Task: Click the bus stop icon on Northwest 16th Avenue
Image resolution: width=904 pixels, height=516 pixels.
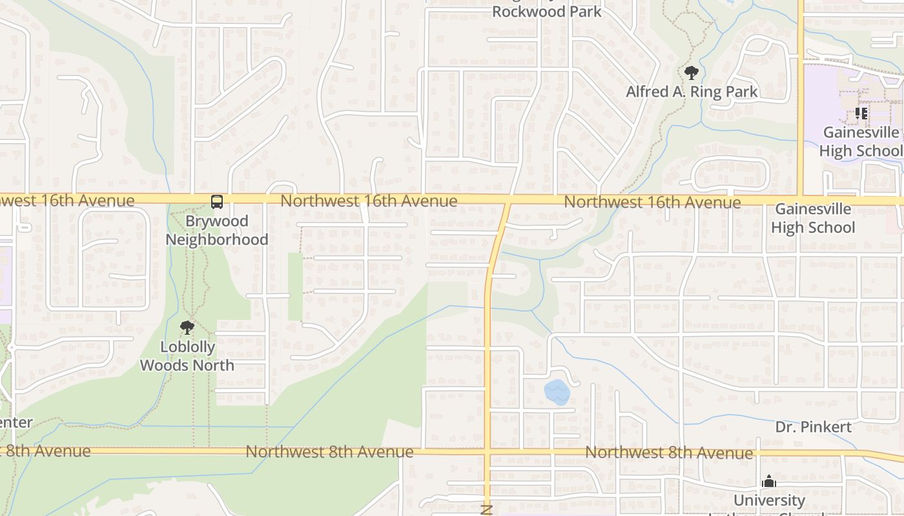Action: (x=217, y=202)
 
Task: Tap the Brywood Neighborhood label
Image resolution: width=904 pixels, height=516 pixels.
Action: (x=217, y=230)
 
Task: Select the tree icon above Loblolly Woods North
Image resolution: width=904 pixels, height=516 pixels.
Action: (x=187, y=328)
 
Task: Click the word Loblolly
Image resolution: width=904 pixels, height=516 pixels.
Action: (x=187, y=347)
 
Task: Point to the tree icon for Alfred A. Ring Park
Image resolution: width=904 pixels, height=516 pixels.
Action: (x=692, y=72)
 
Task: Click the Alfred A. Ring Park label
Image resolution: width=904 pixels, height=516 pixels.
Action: (x=692, y=92)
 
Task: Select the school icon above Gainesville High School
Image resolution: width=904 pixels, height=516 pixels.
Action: (x=861, y=114)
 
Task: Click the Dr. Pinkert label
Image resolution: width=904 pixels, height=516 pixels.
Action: (x=814, y=427)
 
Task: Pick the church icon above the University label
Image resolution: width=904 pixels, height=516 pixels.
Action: (x=768, y=481)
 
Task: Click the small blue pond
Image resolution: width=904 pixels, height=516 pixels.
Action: (x=557, y=392)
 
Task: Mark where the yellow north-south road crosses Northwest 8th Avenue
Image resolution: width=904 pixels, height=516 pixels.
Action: (x=488, y=451)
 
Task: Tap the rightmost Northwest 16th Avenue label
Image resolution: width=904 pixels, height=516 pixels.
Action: (x=652, y=203)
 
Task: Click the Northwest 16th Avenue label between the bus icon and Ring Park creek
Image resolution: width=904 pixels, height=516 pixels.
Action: (x=369, y=201)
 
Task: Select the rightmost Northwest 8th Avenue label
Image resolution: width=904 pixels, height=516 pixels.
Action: (x=668, y=453)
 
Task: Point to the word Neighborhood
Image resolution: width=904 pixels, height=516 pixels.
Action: (x=217, y=239)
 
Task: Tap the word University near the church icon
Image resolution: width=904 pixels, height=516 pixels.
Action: (x=769, y=501)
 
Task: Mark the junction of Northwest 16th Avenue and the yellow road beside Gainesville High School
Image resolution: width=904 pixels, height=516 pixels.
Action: (x=801, y=200)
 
